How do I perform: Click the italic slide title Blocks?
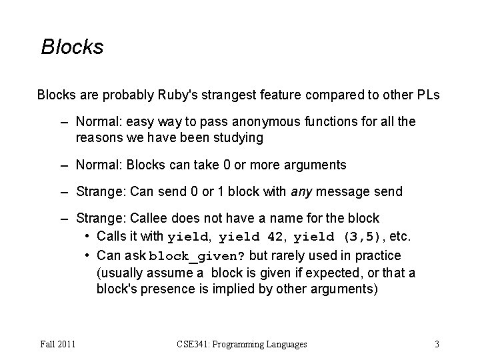pos(72,47)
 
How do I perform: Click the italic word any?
pos(303,192)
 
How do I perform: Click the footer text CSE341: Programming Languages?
pos(242,345)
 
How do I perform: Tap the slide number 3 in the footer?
pos(437,345)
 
